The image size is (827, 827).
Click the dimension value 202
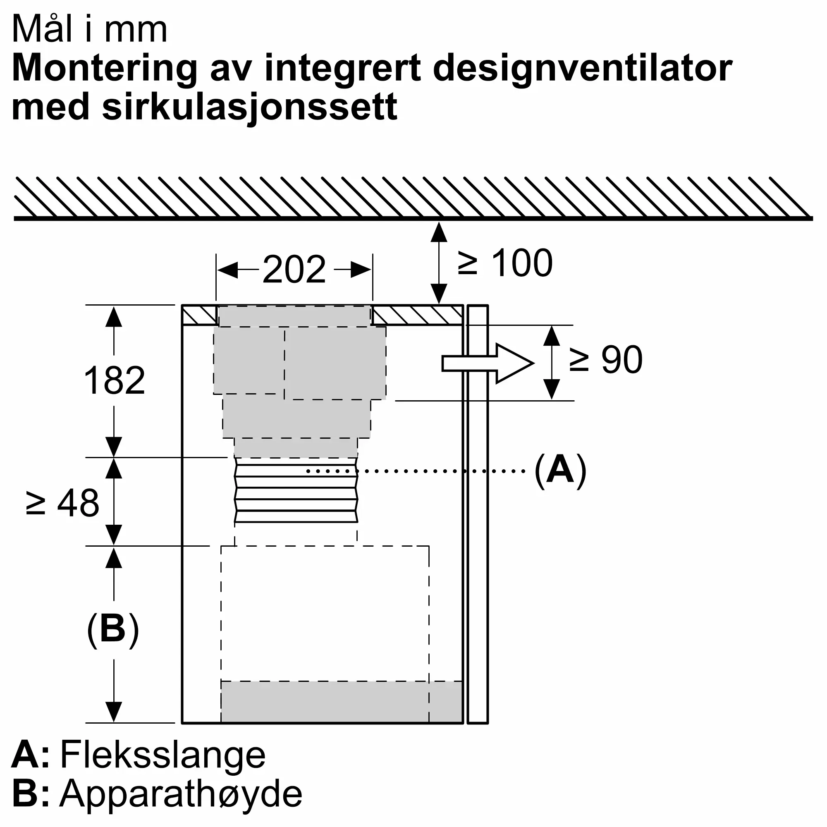pos(294,269)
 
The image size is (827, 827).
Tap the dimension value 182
pos(114,380)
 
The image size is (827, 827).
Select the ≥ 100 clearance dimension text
pos(505,263)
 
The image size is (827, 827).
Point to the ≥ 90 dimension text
pos(606,360)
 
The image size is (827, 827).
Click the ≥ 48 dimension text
pos(62,503)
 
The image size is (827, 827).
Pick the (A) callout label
pos(560,471)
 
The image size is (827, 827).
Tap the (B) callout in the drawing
pos(113,631)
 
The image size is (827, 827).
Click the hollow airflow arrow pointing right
pos(488,363)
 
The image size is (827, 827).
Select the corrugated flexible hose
pos(296,490)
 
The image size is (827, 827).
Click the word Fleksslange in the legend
pos(163,755)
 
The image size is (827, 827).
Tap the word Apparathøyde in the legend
pos(181,794)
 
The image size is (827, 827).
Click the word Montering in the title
pos(105,69)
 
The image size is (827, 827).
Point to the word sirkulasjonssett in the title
pos(250,107)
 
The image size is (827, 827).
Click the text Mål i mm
pos(89,29)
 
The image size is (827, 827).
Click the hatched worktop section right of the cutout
pos(417,316)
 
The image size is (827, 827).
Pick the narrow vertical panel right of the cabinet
pos(478,514)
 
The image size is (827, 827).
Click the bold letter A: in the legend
pos(30,755)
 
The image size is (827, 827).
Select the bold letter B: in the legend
pos(30,794)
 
